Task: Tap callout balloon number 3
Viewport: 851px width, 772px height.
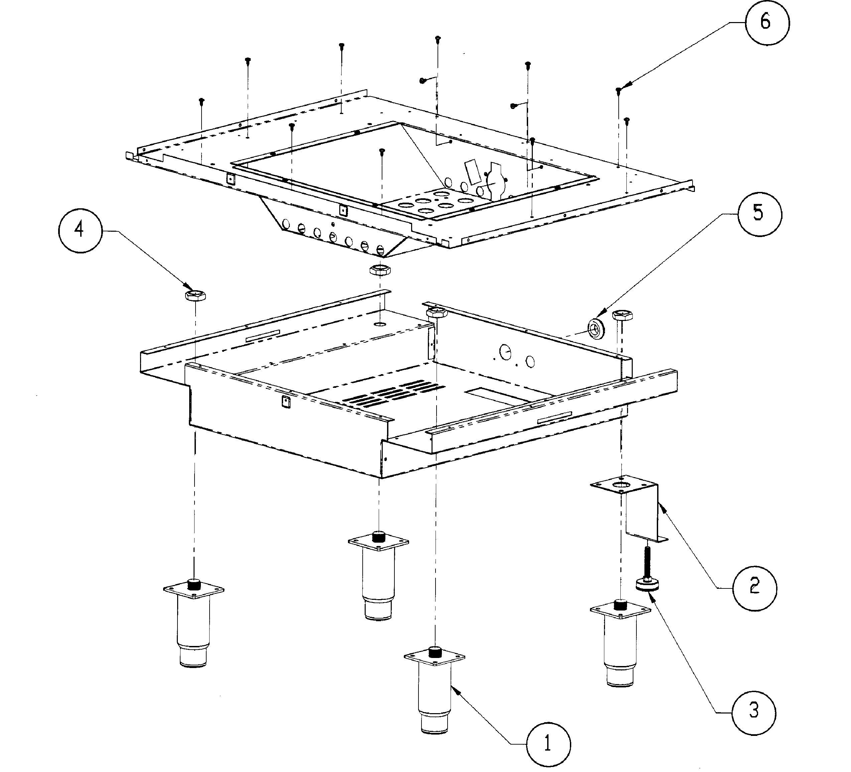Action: [753, 711]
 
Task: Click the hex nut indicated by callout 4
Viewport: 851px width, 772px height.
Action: [195, 295]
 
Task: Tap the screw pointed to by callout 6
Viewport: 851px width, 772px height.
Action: [619, 90]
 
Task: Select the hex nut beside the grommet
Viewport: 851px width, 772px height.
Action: [622, 315]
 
